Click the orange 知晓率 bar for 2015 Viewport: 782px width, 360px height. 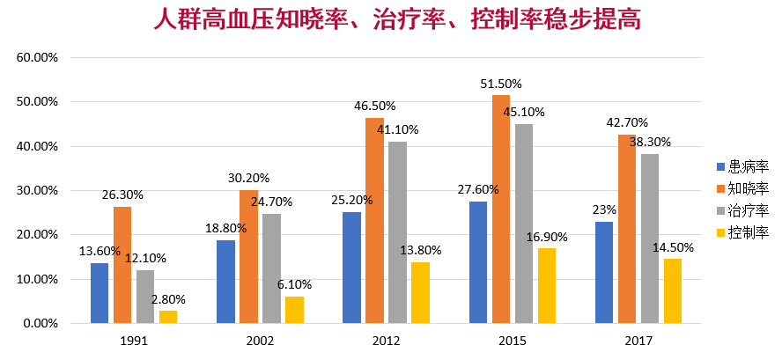[x=501, y=209]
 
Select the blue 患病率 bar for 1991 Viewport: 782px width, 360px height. [x=100, y=293]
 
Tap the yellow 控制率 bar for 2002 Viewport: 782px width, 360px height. [x=294, y=310]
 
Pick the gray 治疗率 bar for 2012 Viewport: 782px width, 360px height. [x=398, y=232]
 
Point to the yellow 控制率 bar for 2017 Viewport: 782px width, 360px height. [x=673, y=290]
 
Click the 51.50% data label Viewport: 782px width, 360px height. [x=501, y=84]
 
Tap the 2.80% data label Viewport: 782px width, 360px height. [x=168, y=299]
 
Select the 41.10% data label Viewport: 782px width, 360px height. [x=398, y=129]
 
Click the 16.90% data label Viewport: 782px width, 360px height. [x=547, y=237]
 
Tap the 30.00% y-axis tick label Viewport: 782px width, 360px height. [x=37, y=191]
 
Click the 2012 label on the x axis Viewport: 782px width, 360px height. [x=386, y=341]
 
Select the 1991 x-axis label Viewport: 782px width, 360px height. [x=134, y=341]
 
